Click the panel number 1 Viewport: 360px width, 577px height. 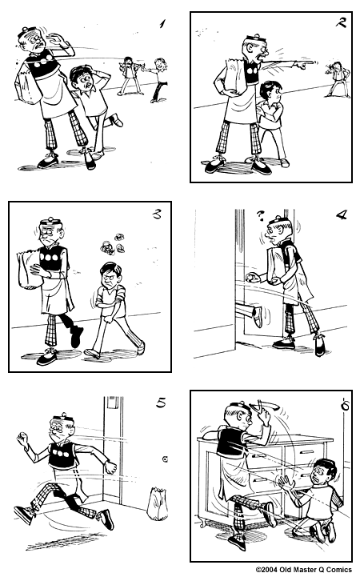[162, 24]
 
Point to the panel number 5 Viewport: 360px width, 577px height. [161, 403]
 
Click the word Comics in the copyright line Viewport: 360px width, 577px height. [337, 570]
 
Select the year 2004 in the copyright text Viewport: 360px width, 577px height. [274, 570]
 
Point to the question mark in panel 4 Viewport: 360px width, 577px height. [260, 214]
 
